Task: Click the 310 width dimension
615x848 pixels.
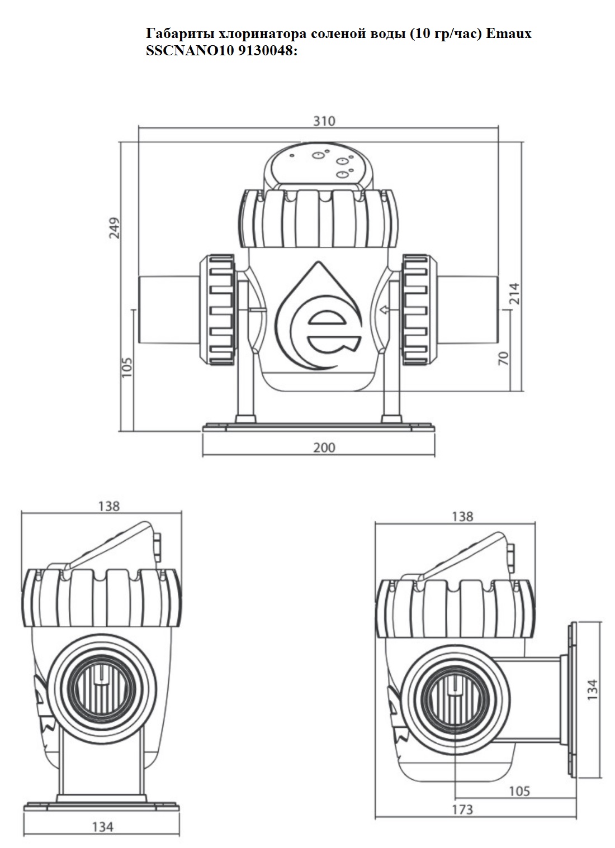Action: tap(324, 121)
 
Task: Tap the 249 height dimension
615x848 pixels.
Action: tap(115, 227)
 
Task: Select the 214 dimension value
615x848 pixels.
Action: tap(514, 293)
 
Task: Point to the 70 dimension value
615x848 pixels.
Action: tap(503, 358)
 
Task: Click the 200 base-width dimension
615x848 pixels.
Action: tap(324, 447)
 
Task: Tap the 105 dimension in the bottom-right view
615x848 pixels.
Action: tap(519, 791)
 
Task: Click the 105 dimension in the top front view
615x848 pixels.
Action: tap(126, 367)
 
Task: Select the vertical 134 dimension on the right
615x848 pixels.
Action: tap(593, 689)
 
